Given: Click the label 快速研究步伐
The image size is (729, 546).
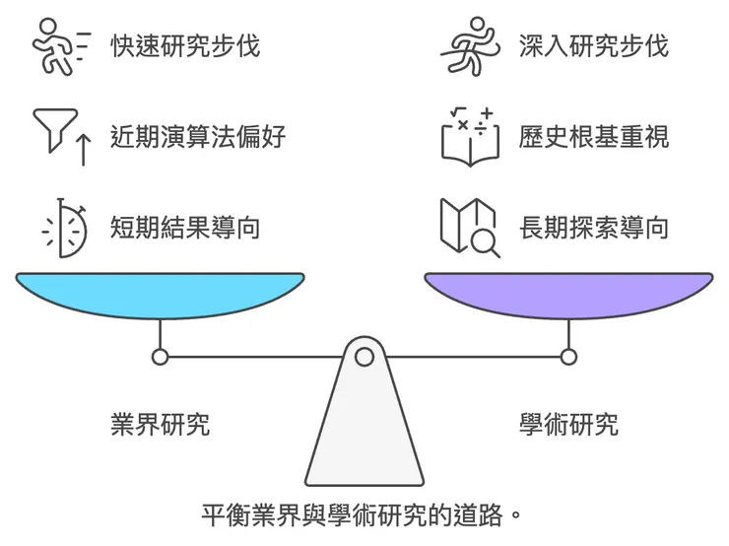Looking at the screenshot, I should (x=185, y=45).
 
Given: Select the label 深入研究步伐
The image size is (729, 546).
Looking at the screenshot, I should (x=593, y=45).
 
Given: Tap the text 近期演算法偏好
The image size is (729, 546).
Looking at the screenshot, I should (x=198, y=136).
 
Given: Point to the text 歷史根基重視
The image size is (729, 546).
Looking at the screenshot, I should (x=593, y=136).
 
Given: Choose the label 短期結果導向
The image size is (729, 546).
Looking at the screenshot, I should (x=185, y=228).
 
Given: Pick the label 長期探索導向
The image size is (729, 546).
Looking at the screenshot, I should (x=593, y=228).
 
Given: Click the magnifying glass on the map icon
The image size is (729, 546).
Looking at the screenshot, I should (x=484, y=240).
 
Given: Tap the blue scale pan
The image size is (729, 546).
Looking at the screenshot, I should (x=160, y=295).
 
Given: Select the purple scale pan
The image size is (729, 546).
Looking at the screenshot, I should (x=567, y=295).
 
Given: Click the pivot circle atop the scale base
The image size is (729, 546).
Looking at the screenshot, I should (x=364, y=357).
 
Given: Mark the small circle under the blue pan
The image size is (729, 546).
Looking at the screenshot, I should (x=161, y=357).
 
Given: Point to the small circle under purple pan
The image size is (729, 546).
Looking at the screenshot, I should (x=568, y=357).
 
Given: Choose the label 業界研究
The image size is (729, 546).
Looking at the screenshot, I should (x=160, y=425).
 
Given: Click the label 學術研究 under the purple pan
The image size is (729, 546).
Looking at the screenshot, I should (x=568, y=425).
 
